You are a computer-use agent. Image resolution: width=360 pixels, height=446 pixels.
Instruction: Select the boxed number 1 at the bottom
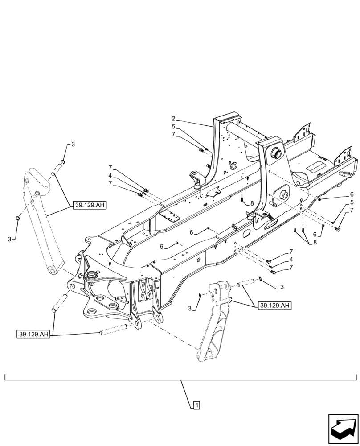(196, 405)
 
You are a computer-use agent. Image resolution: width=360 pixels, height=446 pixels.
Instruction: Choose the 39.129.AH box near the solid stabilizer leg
(275, 306)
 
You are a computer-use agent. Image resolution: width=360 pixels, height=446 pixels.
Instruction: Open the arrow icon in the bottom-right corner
(343, 426)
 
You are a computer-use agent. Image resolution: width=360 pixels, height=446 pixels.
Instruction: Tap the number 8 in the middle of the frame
(252, 203)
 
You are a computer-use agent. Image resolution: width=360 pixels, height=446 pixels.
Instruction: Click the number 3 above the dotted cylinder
(73, 145)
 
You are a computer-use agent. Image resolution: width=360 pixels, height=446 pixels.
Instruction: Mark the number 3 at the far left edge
(9, 240)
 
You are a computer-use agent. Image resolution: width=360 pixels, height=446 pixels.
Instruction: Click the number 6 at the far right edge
(352, 194)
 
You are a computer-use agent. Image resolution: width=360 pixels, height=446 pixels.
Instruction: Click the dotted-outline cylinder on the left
(42, 223)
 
